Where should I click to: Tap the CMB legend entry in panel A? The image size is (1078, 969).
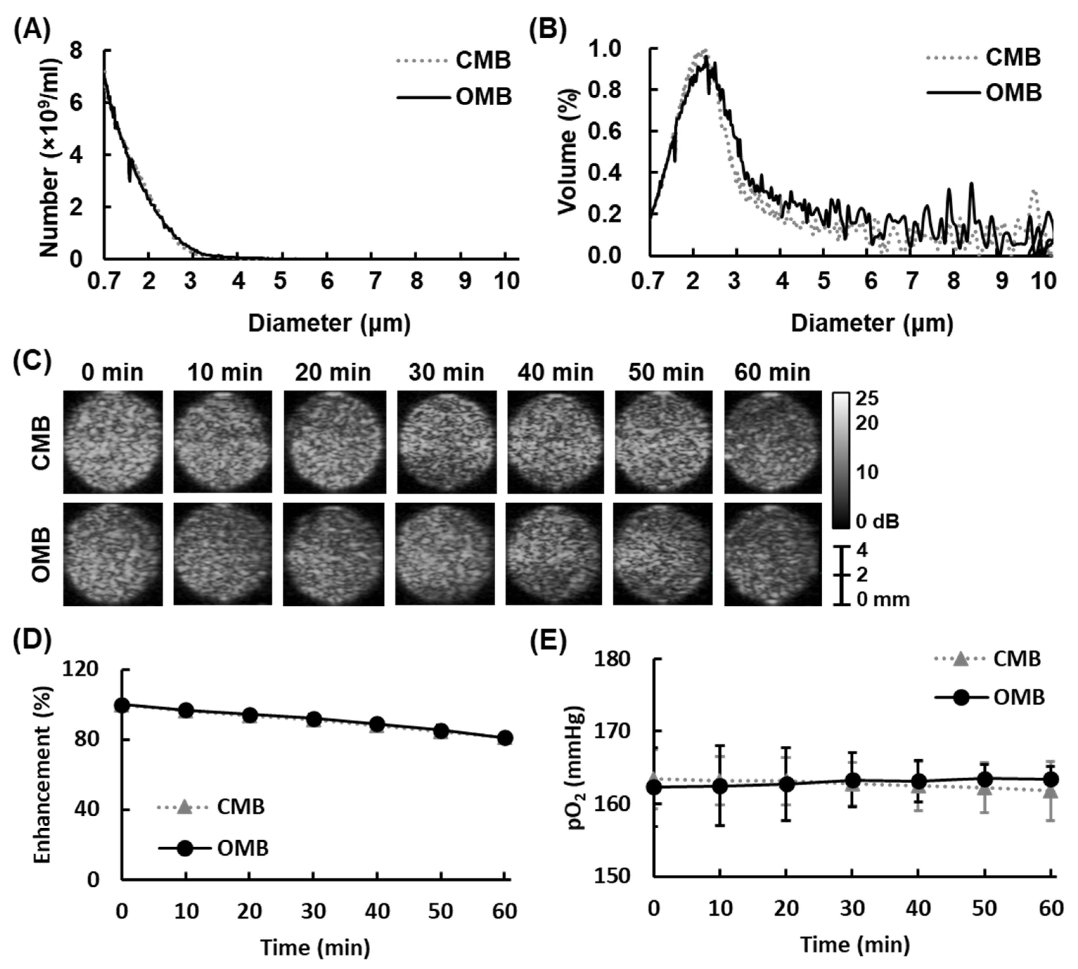tap(482, 61)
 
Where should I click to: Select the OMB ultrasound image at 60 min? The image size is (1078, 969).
tap(772, 554)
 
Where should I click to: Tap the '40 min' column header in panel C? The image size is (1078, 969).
tap(555, 373)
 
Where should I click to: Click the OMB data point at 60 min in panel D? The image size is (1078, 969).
tap(505, 738)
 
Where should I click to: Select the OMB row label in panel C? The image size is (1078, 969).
tap(41, 554)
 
